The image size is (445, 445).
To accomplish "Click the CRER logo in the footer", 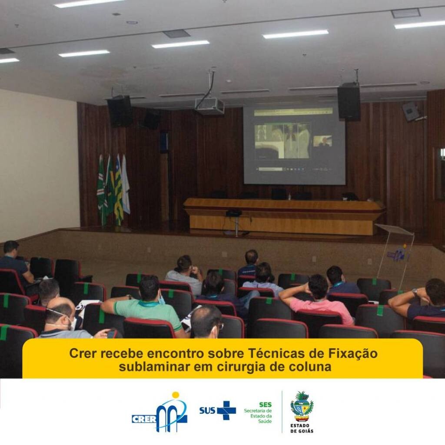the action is (159, 412).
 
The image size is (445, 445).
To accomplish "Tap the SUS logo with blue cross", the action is (217, 410).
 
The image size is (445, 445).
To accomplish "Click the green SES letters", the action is (266, 405).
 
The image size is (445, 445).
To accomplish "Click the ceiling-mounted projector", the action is (209, 106).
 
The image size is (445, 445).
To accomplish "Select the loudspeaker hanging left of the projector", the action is (120, 111).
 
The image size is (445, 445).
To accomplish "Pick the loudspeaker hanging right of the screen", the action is (349, 102).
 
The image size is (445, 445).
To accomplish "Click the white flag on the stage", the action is (126, 184).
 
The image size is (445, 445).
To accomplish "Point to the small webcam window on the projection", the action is (322, 141).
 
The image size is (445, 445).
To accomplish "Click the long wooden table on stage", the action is (284, 216).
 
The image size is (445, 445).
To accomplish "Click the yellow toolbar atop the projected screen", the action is (293, 112).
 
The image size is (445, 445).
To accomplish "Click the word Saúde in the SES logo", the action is (265, 421).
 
